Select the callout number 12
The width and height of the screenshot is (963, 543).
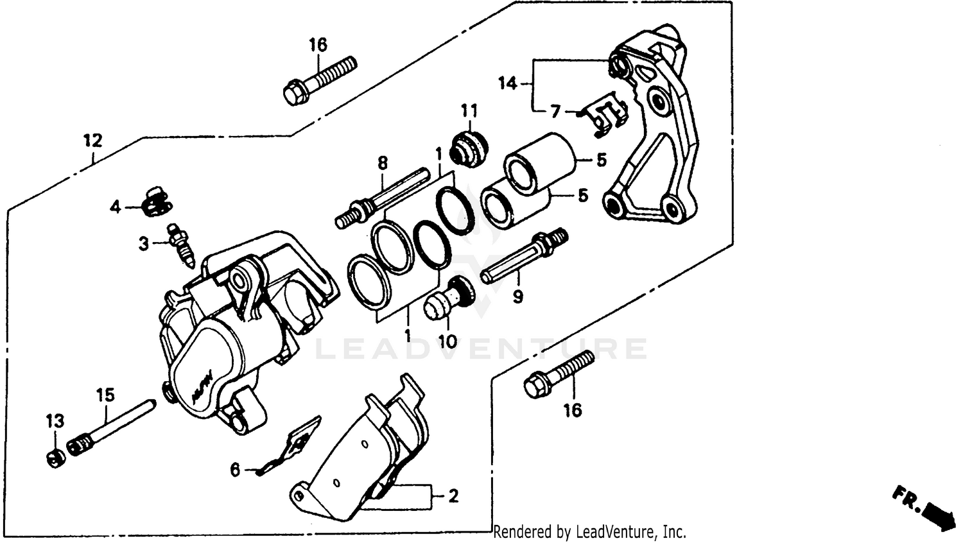(92, 141)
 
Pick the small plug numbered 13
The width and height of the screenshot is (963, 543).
(56, 458)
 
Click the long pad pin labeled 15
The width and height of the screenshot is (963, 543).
(112, 427)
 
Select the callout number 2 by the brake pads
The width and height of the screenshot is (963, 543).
(453, 496)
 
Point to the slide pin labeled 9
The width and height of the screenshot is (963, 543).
(523, 258)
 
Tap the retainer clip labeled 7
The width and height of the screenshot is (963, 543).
(607, 114)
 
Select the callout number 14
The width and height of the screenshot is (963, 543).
(507, 83)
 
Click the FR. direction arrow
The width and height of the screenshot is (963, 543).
(924, 507)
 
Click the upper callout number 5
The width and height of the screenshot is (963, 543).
(601, 160)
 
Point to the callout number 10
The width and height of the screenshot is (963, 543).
(447, 341)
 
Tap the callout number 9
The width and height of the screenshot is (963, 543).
(517, 297)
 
